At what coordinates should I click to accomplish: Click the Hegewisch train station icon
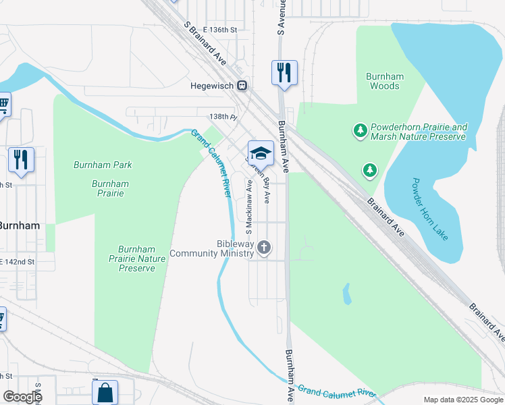[242, 86]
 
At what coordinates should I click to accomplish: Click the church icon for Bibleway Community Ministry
[264, 248]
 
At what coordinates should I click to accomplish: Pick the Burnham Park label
[103, 165]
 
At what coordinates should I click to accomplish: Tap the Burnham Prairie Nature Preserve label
[137, 259]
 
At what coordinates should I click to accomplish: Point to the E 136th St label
[215, 30]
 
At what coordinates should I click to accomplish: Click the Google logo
[22, 397]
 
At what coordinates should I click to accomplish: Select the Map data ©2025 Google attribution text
[463, 400]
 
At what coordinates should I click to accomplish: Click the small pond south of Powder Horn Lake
[347, 294]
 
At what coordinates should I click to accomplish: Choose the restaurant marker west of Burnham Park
[21, 161]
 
